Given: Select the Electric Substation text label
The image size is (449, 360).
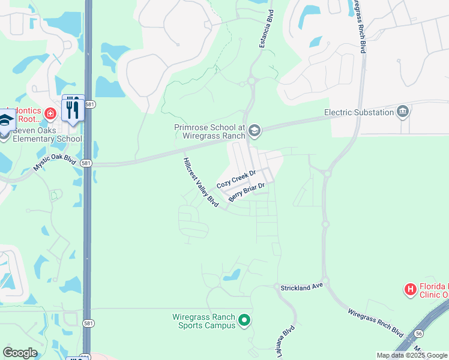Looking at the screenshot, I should click(x=359, y=112).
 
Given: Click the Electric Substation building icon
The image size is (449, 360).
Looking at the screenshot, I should click(x=403, y=111).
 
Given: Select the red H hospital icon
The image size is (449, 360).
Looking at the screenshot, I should click(x=411, y=290).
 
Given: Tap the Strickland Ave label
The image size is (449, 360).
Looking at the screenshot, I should click(x=302, y=288).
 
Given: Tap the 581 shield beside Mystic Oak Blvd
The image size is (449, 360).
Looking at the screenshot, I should click(x=86, y=163).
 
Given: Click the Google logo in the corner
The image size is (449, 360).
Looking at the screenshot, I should click(x=20, y=353).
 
